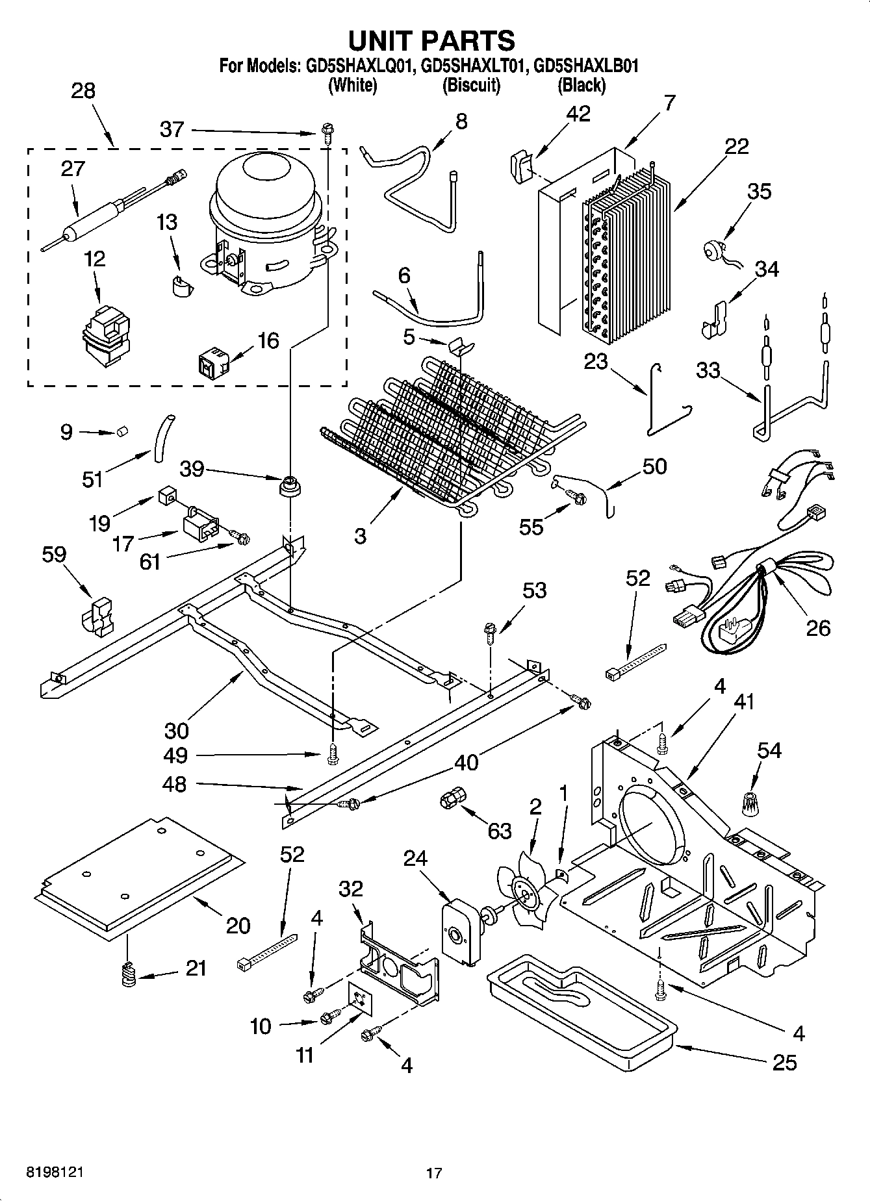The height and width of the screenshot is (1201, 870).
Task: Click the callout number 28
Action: coord(83,91)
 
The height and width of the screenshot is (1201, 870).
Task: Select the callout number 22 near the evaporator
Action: coord(737,146)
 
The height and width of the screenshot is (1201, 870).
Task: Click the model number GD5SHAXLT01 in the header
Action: coord(471,66)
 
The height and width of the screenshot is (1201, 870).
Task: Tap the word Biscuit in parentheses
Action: coord(471,85)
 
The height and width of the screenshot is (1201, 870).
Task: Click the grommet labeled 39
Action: coord(289,486)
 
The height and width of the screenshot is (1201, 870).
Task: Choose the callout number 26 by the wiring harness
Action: coord(817,627)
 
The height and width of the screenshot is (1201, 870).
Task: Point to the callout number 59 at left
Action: coord(54,555)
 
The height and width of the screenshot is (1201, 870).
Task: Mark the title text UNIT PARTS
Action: coord(431,40)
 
